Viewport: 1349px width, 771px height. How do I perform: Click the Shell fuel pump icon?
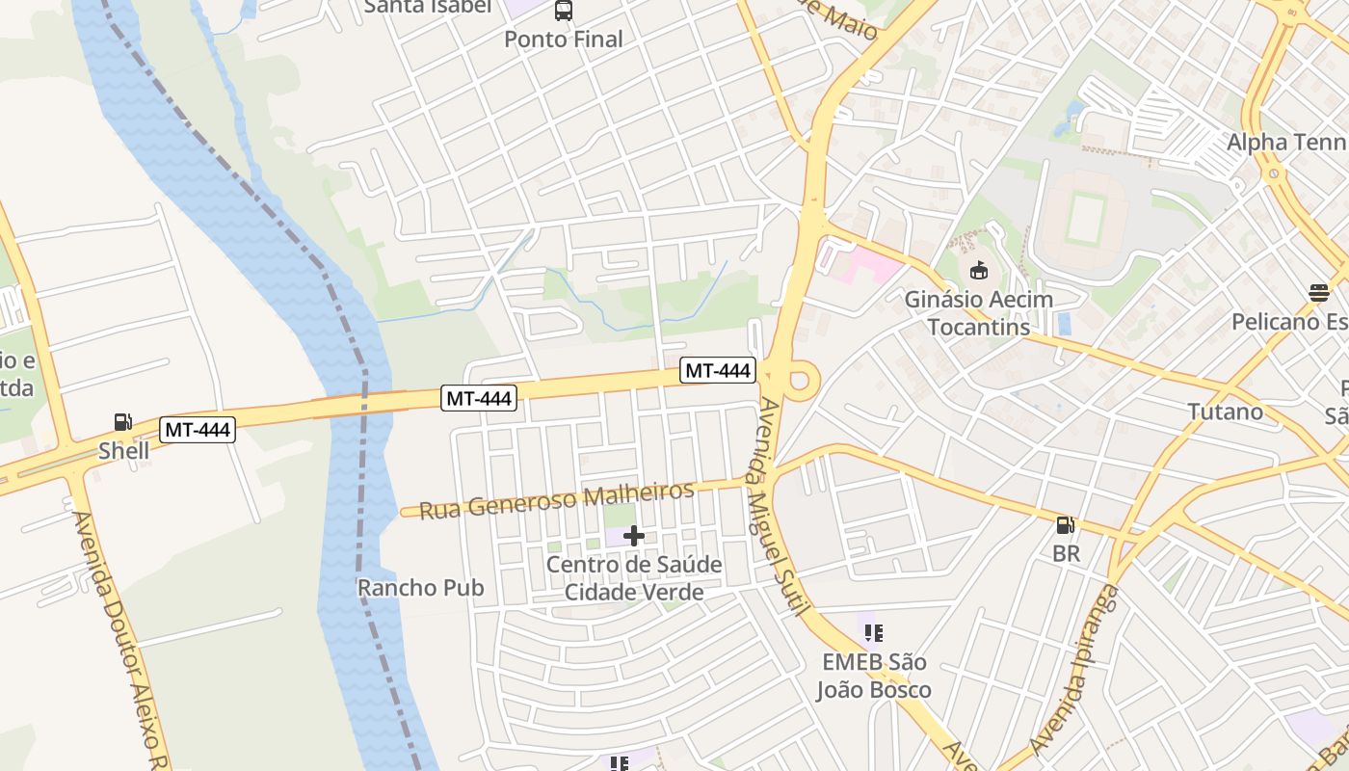(123, 422)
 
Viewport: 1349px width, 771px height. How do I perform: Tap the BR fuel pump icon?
(1066, 525)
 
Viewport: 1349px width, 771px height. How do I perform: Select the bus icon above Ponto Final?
(564, 11)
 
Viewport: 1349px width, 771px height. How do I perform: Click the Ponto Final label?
(564, 40)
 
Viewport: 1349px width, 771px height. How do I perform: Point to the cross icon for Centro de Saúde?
(634, 536)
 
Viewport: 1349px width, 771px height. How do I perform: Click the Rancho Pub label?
(420, 588)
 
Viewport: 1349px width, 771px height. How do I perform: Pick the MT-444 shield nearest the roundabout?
(717, 370)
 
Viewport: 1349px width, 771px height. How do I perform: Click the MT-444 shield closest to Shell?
(198, 430)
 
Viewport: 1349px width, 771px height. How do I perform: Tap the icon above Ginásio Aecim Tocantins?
(979, 270)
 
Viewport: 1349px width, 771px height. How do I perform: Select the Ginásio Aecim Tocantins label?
(978, 313)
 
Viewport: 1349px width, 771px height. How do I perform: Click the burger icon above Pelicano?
(1318, 293)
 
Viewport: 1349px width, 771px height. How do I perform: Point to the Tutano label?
(1225, 412)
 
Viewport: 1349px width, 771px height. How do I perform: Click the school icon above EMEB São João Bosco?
(873, 633)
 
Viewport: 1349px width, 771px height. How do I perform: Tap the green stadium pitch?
(1086, 220)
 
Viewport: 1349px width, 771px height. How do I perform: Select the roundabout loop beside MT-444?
(800, 380)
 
